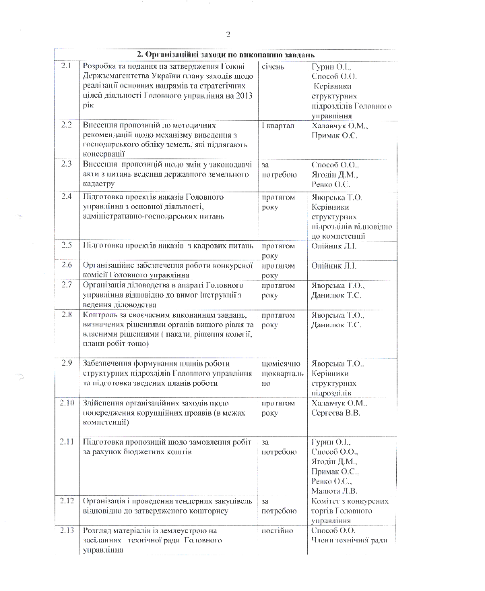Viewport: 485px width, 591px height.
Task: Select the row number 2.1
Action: coord(66,66)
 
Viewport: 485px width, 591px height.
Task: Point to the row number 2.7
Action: coord(66,285)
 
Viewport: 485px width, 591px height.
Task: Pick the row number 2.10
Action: coord(67,403)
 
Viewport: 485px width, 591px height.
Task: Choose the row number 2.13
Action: coord(67,530)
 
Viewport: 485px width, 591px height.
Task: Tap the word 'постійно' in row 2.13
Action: coord(278,531)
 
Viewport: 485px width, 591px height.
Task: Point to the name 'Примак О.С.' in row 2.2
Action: coord(335,136)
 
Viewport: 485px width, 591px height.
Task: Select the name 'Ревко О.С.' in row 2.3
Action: coord(331,184)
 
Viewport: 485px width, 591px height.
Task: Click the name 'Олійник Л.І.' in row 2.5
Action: coord(333,246)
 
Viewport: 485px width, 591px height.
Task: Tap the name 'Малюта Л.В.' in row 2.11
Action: coord(335,490)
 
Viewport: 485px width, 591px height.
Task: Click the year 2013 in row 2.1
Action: coord(243,96)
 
